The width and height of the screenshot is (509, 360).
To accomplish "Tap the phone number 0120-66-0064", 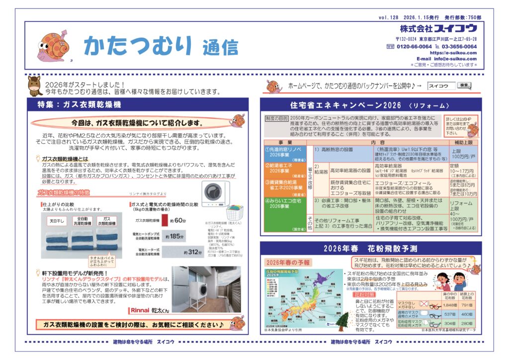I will pyautogui.click(x=414, y=46).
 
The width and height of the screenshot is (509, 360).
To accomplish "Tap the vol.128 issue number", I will pyautogui.click(x=390, y=17).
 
